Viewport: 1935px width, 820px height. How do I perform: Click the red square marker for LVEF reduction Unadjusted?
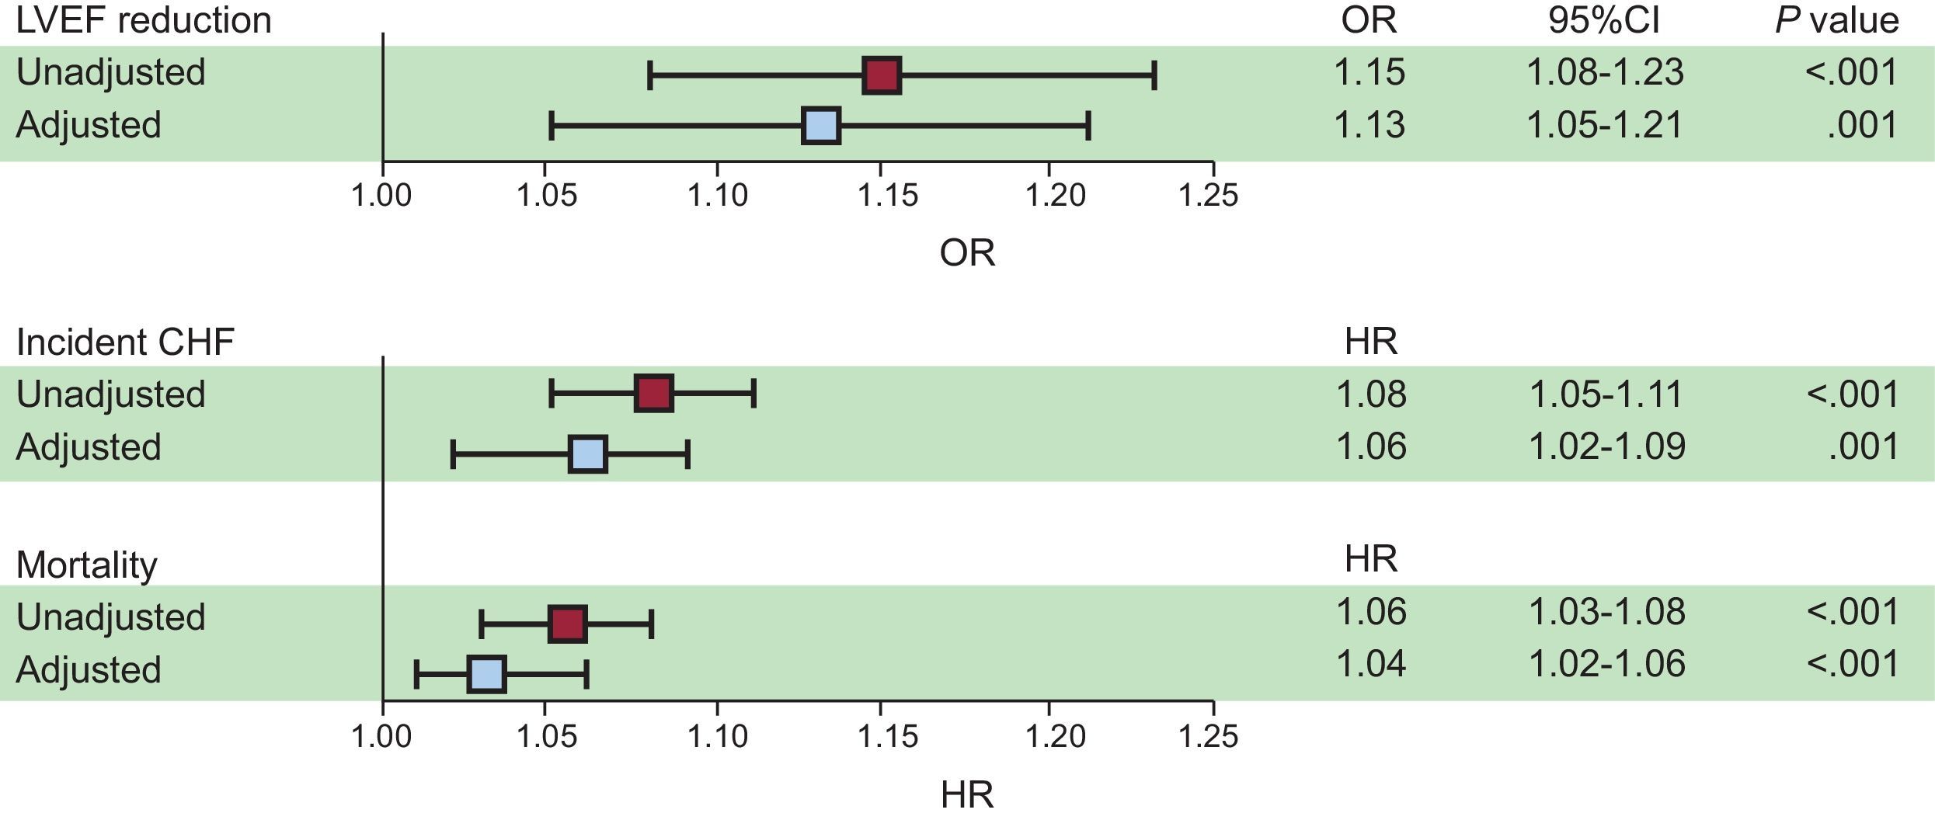tap(882, 75)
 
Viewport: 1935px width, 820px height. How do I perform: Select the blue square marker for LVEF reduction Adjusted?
tap(820, 126)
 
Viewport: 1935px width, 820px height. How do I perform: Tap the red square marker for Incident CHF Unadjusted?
tap(653, 393)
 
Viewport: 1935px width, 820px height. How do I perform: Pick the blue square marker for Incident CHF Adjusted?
tap(587, 454)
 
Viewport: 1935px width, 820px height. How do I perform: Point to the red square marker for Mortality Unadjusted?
tap(567, 624)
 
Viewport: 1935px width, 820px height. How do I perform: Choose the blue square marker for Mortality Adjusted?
tap(486, 674)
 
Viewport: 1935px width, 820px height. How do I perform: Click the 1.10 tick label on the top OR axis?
tap(717, 195)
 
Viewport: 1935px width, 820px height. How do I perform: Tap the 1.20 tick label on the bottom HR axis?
tap(1055, 735)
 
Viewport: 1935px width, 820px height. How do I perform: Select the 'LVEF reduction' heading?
tap(144, 20)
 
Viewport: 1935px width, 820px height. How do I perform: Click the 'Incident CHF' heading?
tap(125, 342)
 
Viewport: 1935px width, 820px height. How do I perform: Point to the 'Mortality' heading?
tap(86, 565)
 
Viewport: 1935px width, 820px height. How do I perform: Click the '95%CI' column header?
tap(1603, 20)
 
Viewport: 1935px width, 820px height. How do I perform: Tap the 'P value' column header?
tap(1836, 20)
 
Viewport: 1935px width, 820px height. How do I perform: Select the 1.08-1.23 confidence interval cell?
tap(1605, 72)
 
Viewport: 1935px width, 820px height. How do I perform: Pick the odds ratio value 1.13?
tap(1369, 125)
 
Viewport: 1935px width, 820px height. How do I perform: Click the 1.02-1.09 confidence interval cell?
tap(1606, 446)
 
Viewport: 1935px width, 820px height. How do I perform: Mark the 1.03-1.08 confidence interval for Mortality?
tap(1606, 612)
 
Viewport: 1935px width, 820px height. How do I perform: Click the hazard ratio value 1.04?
tap(1370, 664)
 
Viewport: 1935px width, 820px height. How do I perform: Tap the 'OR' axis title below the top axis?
tap(966, 253)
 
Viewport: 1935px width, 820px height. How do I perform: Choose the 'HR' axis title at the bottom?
tap(966, 795)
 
